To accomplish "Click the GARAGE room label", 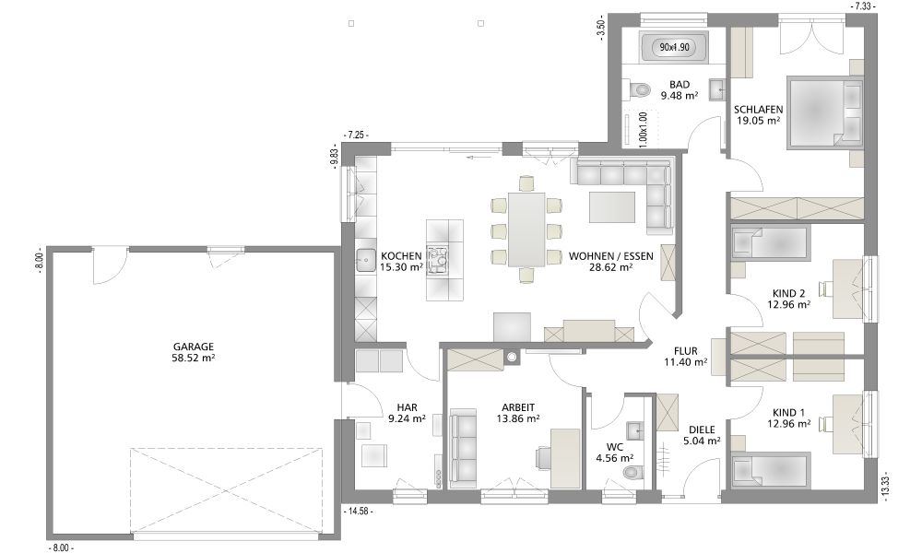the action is click(x=194, y=347).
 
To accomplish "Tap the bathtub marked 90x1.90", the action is click(x=674, y=48).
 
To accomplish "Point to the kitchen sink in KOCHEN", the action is click(x=366, y=260).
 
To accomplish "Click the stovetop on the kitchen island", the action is click(x=438, y=260).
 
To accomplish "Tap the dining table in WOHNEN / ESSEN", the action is click(x=526, y=229).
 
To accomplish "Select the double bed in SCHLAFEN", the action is click(x=823, y=112).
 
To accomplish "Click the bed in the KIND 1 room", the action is click(x=770, y=470).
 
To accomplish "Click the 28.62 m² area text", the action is click(x=611, y=266).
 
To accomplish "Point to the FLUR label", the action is click(x=686, y=351).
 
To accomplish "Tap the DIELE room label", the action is click(x=702, y=429).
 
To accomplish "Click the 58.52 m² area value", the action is click(x=194, y=358).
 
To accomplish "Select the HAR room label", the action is click(x=407, y=407).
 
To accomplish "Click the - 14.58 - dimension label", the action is click(x=358, y=512).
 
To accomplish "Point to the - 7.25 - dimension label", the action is click(x=355, y=135).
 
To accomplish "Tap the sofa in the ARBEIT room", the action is click(x=464, y=448).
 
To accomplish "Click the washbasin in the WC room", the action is click(x=635, y=429).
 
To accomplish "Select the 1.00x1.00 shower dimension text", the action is click(x=643, y=129).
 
